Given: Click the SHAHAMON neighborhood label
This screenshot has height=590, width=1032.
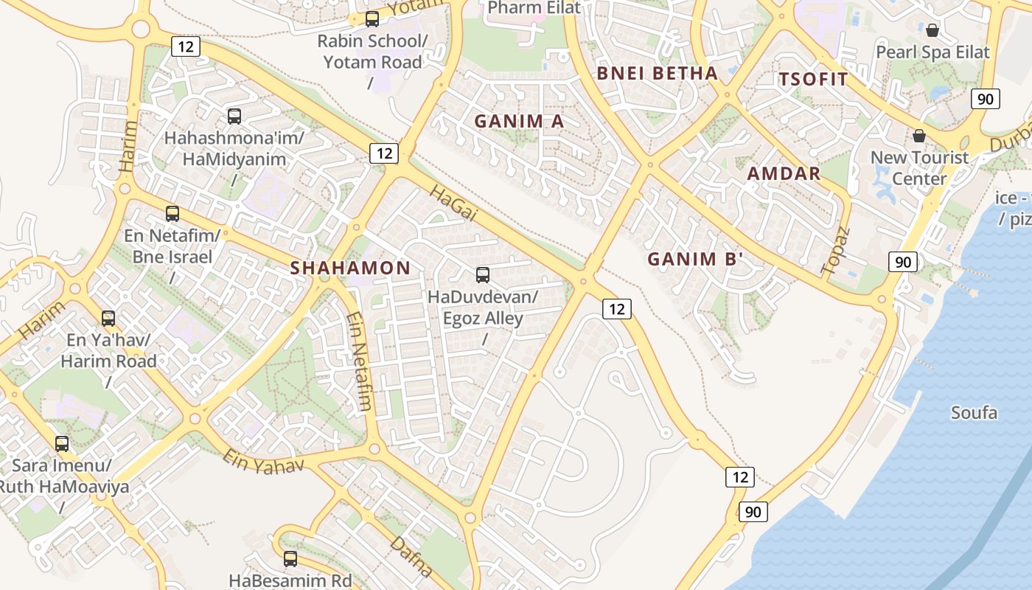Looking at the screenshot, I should [350, 268].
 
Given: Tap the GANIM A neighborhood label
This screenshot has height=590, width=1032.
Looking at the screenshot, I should [519, 121].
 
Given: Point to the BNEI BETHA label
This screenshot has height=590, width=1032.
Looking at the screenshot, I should [657, 73].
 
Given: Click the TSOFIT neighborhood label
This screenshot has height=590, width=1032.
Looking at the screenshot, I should [813, 80].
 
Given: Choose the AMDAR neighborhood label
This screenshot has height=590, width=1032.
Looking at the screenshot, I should [784, 173].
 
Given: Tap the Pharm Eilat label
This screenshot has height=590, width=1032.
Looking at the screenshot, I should [534, 8].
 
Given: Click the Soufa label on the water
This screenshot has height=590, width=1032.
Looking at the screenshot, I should [974, 412].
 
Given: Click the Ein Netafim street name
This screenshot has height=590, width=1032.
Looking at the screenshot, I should [359, 361].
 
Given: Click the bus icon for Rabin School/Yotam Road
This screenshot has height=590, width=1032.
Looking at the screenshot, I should [372, 19].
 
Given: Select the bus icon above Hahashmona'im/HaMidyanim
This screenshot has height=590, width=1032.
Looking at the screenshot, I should [234, 116].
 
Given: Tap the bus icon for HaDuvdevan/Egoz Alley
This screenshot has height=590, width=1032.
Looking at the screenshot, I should [483, 275].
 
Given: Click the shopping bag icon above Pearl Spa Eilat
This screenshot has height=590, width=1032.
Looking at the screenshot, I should [932, 30].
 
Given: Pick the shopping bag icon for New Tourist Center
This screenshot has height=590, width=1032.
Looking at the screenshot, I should [919, 136].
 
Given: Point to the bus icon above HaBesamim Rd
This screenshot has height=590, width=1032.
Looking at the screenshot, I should [290, 558].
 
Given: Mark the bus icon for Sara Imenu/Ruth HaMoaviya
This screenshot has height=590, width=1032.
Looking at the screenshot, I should [62, 444].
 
